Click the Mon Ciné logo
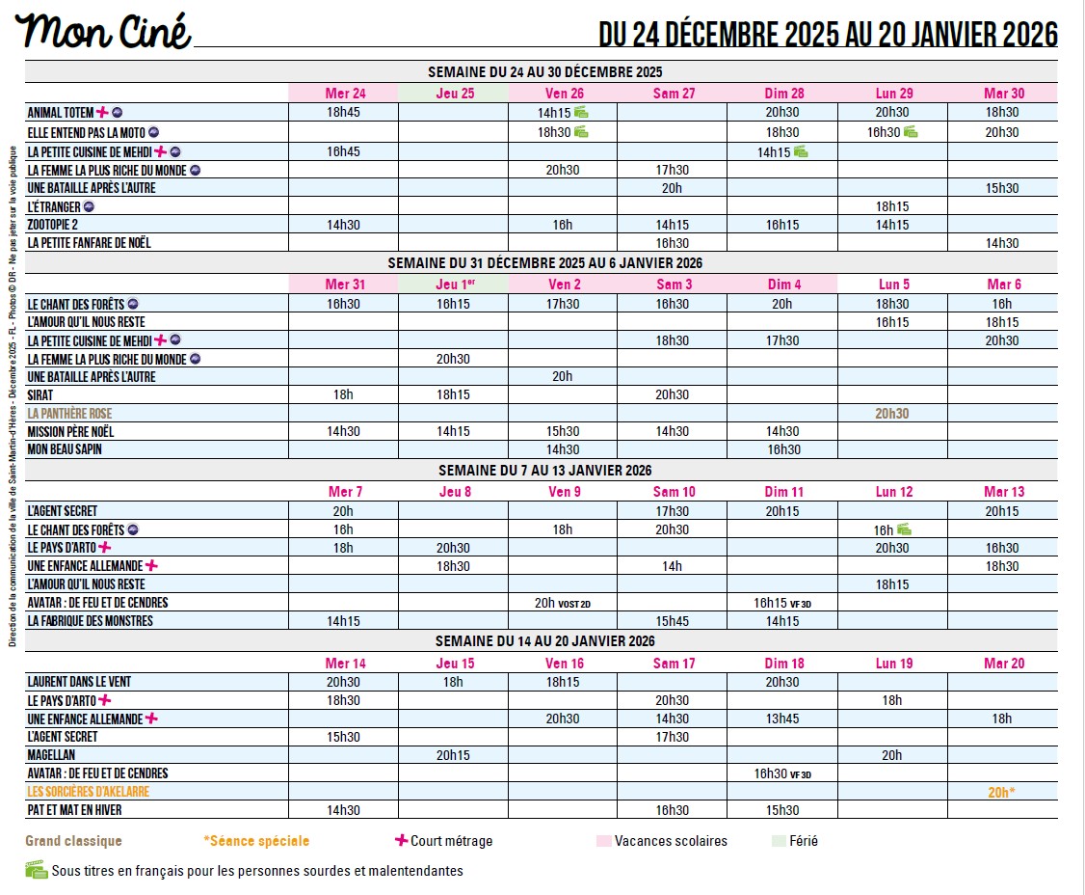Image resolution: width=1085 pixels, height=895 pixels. pyautogui.click(x=103, y=32)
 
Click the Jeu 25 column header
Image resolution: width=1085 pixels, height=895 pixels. pyautogui.click(x=454, y=94)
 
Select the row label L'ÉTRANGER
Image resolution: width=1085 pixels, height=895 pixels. pyautogui.click(x=55, y=206)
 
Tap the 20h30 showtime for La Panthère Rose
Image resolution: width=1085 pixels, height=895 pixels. pyautogui.click(x=892, y=414)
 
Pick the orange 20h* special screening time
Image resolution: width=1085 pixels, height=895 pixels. pyautogui.click(x=1002, y=792)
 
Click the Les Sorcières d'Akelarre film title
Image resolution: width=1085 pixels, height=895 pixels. pyautogui.click(x=88, y=792)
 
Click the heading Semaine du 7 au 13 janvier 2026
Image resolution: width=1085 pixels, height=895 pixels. pyautogui.click(x=544, y=471)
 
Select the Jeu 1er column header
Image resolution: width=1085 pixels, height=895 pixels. pyautogui.click(x=454, y=285)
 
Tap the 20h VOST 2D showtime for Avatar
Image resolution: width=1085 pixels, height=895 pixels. pyautogui.click(x=562, y=603)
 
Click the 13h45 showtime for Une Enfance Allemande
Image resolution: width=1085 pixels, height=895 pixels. pyautogui.click(x=782, y=719)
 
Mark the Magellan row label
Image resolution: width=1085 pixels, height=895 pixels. pyautogui.click(x=51, y=755)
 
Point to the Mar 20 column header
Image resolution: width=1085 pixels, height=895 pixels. pyautogui.click(x=1003, y=664)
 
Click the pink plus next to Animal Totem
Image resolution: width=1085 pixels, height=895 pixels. pyautogui.click(x=102, y=112)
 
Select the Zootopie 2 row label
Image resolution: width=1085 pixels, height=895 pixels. pyautogui.click(x=52, y=225)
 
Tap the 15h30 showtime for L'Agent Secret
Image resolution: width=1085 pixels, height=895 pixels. pyautogui.click(x=344, y=737)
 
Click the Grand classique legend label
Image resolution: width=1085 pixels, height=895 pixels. pyautogui.click(x=73, y=841)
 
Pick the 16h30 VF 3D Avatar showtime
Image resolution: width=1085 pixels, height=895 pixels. pyautogui.click(x=782, y=773)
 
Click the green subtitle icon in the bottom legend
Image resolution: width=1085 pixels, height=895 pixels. pyautogui.click(x=36, y=870)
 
